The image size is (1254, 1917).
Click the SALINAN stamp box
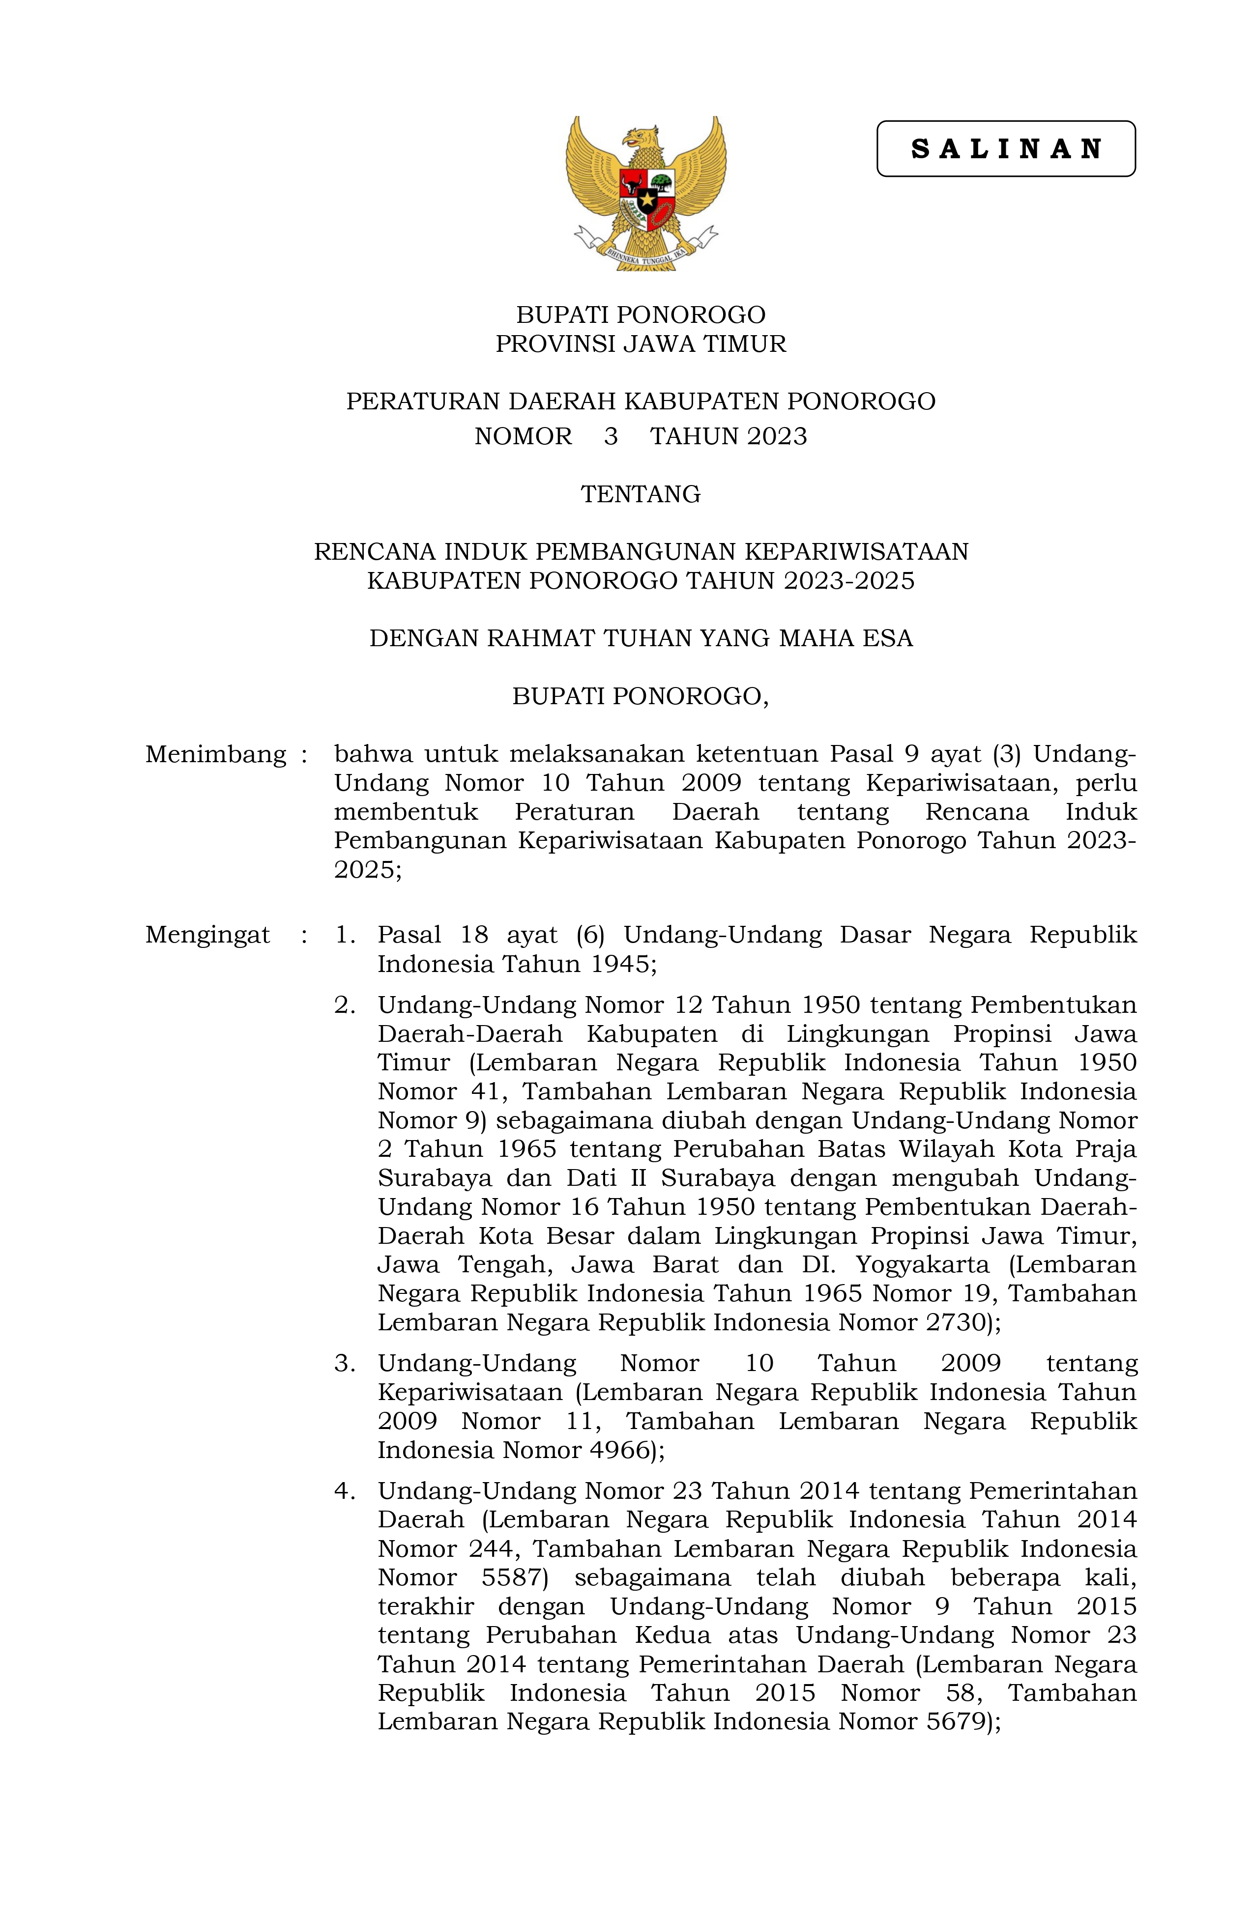(1005, 149)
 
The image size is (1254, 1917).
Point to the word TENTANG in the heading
(641, 494)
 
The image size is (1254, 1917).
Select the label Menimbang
(216, 755)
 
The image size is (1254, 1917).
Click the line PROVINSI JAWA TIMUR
(641, 344)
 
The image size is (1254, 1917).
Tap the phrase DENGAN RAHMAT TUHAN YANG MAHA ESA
(641, 639)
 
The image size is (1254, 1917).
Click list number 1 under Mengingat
(345, 935)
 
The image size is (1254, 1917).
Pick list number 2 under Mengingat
(345, 1005)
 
